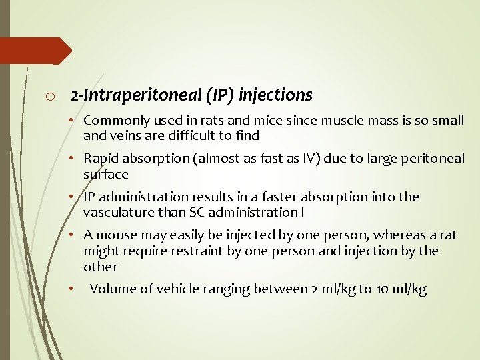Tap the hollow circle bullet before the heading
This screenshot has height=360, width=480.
coord(50,97)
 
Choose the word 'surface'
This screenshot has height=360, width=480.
coord(105,174)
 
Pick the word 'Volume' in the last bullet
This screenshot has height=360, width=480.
coord(111,289)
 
